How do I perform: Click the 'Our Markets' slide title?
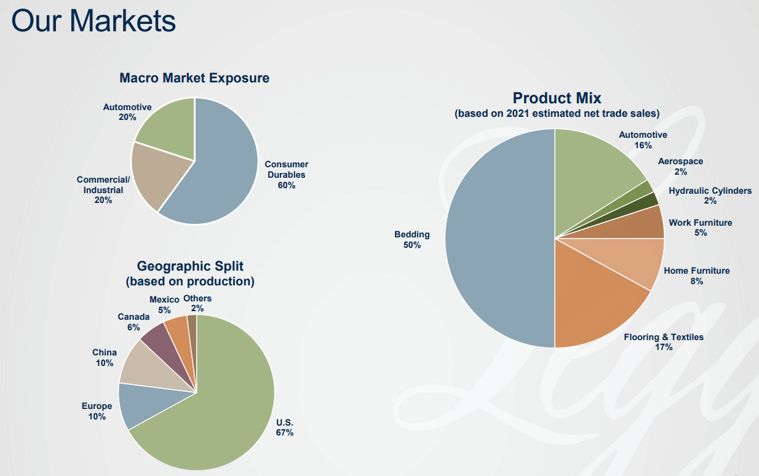click(x=93, y=20)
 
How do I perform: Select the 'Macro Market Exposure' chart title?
click(x=194, y=78)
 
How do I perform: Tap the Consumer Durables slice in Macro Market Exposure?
click(x=221, y=172)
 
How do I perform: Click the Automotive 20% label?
click(x=127, y=112)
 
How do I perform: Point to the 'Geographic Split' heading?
click(x=190, y=266)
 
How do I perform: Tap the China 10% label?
click(x=105, y=358)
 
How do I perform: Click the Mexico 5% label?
click(x=164, y=304)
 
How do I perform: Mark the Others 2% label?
click(x=197, y=303)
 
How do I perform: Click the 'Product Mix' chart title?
click(x=557, y=98)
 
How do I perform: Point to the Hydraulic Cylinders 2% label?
click(x=710, y=196)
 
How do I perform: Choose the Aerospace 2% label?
click(x=680, y=166)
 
